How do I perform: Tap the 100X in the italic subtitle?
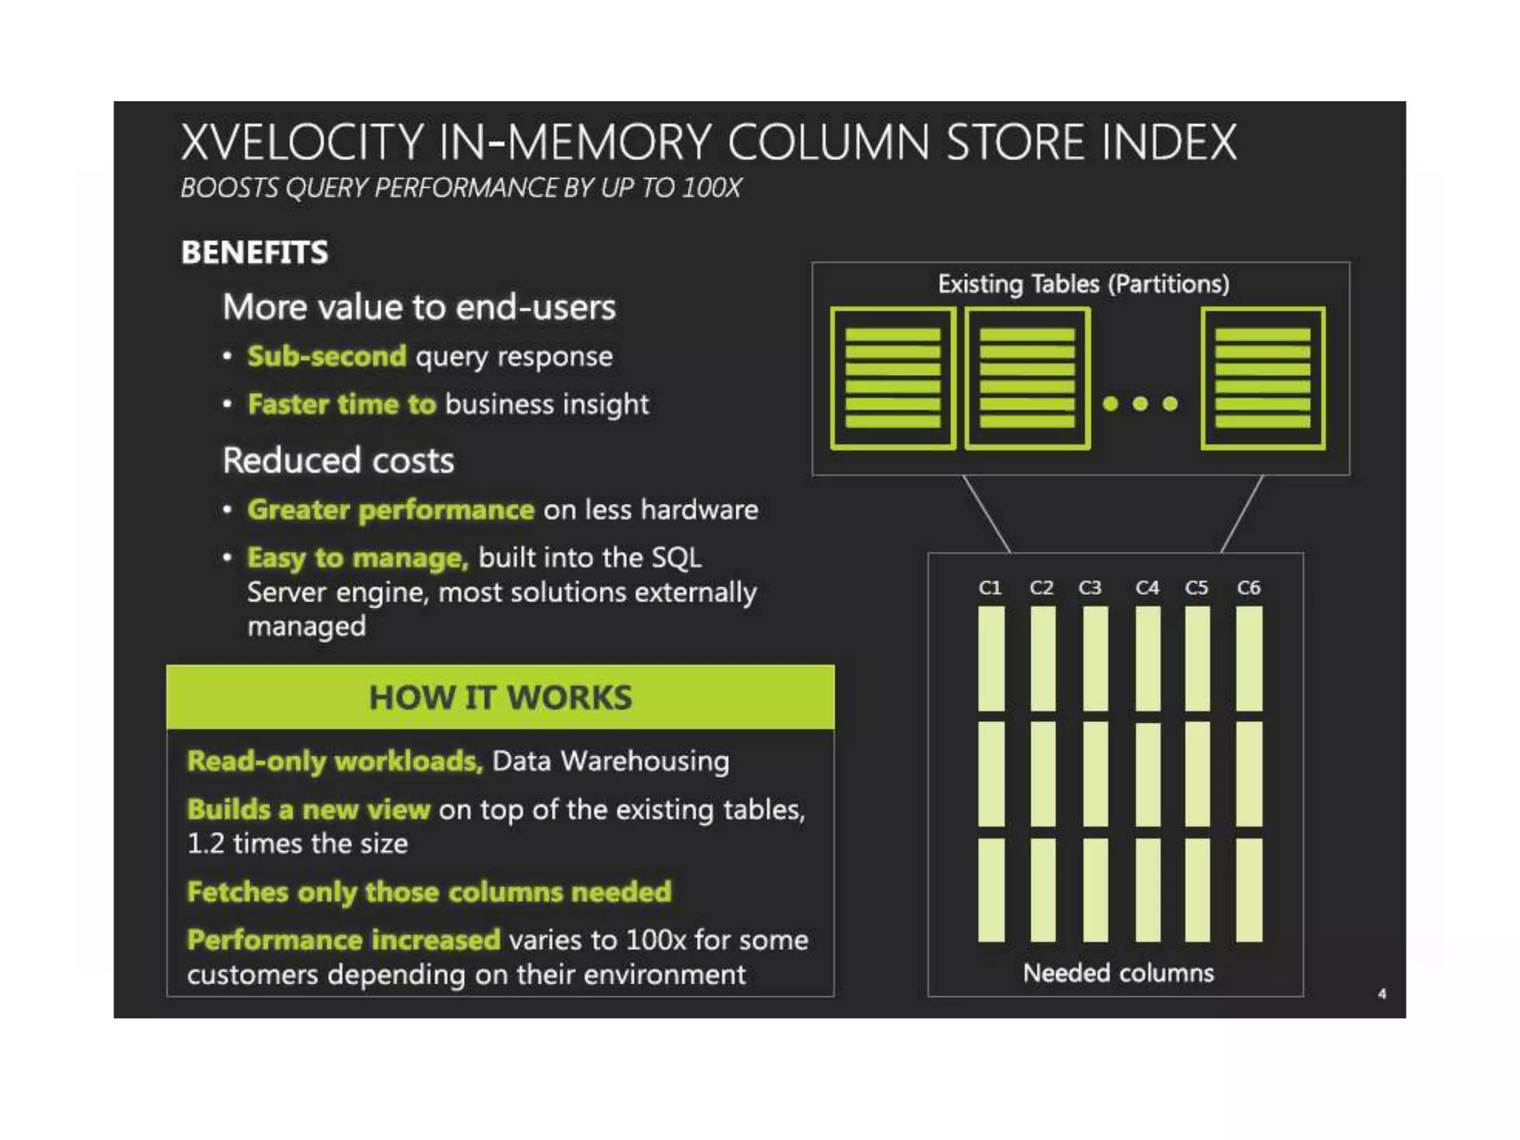coord(711,188)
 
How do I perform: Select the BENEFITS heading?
coord(255,252)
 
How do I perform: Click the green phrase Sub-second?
coord(327,356)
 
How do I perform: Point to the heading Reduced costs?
coord(338,460)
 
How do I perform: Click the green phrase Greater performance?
coord(390,510)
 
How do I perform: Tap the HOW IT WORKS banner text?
coord(500,698)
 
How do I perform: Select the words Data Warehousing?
coord(611,761)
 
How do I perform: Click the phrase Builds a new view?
coord(308,810)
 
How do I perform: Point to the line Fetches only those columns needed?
coord(429,892)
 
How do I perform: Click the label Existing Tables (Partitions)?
coord(1084,284)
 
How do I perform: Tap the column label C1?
coord(990,588)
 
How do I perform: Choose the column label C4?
coord(1147,588)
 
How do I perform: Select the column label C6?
coord(1248,588)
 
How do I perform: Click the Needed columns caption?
coord(1118,973)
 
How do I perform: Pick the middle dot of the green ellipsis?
coord(1141,404)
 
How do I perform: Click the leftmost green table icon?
coord(893,379)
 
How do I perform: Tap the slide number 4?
coord(1382,994)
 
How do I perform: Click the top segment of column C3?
coord(1095,659)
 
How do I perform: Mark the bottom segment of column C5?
coord(1197,890)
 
